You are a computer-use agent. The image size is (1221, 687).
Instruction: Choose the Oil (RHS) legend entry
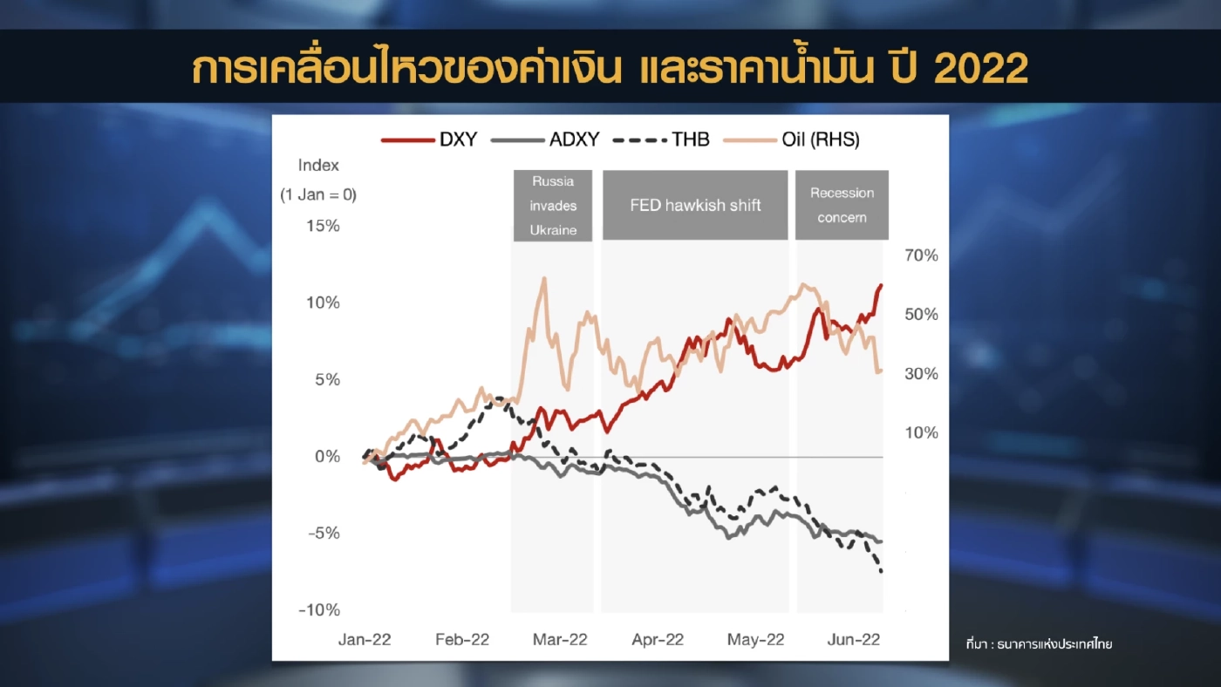pyautogui.click(x=794, y=139)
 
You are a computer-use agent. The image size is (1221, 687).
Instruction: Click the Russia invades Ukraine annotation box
pyautogui.click(x=553, y=206)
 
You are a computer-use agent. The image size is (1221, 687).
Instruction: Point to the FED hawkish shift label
pyautogui.click(x=695, y=206)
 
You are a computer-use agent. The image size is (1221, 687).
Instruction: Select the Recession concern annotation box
pyautogui.click(x=842, y=206)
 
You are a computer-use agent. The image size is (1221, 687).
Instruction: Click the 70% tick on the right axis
pyautogui.click(x=921, y=255)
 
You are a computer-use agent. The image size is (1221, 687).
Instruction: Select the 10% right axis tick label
pyautogui.click(x=921, y=433)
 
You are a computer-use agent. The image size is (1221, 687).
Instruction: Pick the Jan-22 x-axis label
pyautogui.click(x=365, y=640)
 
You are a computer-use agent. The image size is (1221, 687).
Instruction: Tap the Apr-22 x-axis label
pyautogui.click(x=657, y=640)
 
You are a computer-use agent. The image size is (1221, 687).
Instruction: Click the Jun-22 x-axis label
pyautogui.click(x=852, y=640)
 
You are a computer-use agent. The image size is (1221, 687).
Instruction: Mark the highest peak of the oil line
pyautogui.click(x=543, y=279)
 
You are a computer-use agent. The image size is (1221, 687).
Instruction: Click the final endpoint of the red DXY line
pyautogui.click(x=881, y=285)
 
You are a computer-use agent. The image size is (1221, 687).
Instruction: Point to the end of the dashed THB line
pyautogui.click(x=881, y=572)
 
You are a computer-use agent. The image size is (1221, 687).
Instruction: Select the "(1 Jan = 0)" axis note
pyautogui.click(x=318, y=194)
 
